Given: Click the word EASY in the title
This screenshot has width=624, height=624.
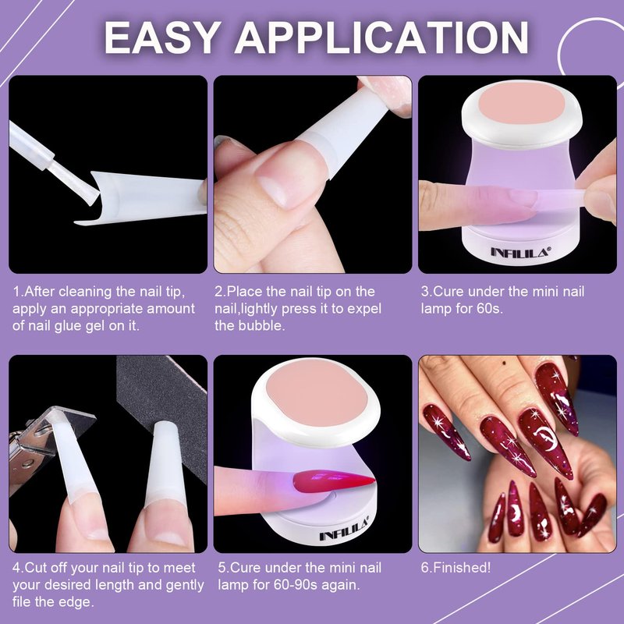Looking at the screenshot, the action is [163, 37].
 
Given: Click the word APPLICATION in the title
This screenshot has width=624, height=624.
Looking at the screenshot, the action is [381, 37].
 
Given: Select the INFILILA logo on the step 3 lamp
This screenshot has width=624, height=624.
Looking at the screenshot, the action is [521, 251].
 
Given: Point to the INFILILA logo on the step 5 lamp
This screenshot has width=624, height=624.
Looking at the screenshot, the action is [344, 529].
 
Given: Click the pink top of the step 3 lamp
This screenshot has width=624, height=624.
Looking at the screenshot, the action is [521, 105].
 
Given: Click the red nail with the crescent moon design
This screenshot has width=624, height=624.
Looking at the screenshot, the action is [546, 441].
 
